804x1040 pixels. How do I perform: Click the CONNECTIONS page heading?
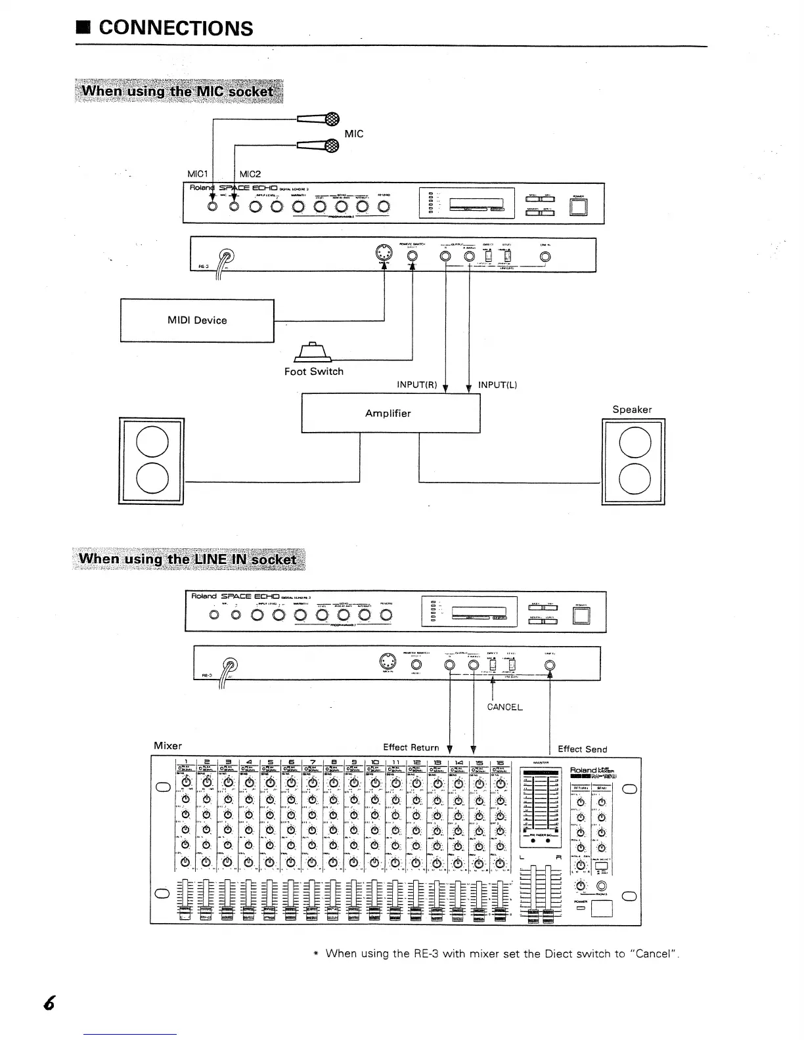tap(175, 28)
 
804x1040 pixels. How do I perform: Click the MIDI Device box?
tap(197, 320)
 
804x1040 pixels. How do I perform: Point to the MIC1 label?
tap(198, 174)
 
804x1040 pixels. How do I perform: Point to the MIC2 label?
tap(250, 174)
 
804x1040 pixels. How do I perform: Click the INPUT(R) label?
tap(417, 385)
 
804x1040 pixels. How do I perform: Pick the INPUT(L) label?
tap(497, 385)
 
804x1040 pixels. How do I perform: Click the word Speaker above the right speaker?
tap(632, 410)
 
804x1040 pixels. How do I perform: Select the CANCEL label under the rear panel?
tap(504, 707)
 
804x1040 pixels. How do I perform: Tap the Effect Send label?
tap(582, 749)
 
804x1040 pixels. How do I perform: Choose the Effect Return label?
tap(411, 747)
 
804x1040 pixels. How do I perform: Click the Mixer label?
tap(167, 746)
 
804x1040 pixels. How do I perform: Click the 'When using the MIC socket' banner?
tap(179, 91)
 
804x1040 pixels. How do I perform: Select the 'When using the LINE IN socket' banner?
tap(188, 559)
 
